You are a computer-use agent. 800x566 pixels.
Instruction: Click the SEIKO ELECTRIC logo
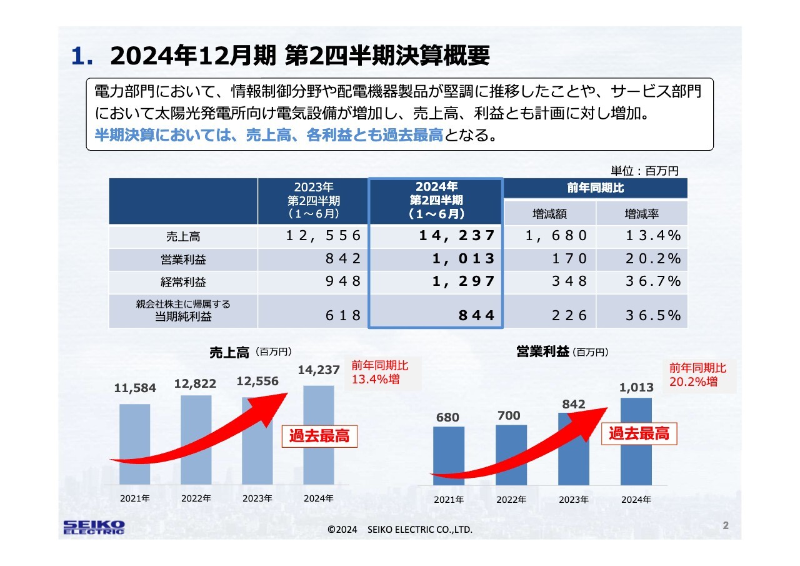(94, 527)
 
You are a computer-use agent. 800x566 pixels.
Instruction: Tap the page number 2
(726, 525)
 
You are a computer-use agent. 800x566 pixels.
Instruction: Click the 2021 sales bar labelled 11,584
(135, 444)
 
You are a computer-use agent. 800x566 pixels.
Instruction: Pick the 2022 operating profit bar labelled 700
(511, 455)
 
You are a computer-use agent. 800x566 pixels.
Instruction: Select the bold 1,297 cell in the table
(464, 281)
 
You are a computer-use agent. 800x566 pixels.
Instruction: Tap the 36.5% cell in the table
(652, 315)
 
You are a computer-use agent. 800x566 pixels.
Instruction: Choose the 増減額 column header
(549, 214)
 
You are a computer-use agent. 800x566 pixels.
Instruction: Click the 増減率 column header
(642, 214)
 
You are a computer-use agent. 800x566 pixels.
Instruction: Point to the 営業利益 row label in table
(183, 259)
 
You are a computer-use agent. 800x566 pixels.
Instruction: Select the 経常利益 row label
(183, 281)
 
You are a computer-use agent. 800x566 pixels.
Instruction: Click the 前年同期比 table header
(595, 188)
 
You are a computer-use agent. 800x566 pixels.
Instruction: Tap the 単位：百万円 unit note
(644, 170)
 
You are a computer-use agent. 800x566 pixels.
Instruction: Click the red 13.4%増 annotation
(376, 380)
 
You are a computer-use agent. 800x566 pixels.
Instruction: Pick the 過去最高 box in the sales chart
(319, 437)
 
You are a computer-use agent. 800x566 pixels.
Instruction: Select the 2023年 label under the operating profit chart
(574, 500)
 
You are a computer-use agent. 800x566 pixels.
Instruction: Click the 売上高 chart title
(229, 353)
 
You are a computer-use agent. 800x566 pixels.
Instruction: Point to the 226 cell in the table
(569, 315)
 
